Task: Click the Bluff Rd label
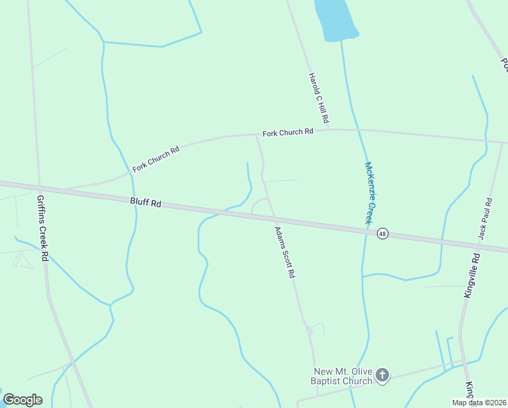(x=146, y=203)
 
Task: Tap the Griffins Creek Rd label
(x=42, y=228)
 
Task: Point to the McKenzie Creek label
(x=369, y=193)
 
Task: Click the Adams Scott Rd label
(x=285, y=252)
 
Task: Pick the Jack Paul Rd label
(x=484, y=218)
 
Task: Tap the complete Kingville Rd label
(x=472, y=275)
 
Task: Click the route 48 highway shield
(x=383, y=233)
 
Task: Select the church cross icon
(x=382, y=375)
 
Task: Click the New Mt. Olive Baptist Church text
(x=343, y=376)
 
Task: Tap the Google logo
(x=22, y=399)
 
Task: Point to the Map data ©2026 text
(x=479, y=403)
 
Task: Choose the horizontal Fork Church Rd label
(x=288, y=132)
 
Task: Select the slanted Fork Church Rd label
(x=156, y=158)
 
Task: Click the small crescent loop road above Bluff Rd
(x=258, y=204)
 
